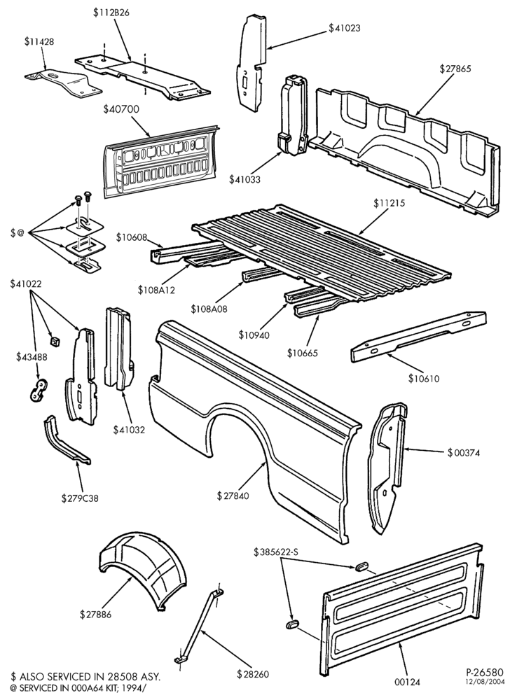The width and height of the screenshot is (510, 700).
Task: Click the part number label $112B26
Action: [111, 13]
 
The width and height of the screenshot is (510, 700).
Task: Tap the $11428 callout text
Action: [39, 41]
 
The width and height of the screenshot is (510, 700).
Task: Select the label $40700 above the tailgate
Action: [121, 109]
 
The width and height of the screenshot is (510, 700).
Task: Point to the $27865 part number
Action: [455, 69]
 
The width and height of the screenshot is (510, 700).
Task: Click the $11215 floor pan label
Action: [390, 203]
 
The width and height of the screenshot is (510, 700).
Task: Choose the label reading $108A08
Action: [209, 309]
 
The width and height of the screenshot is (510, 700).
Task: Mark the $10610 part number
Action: [424, 379]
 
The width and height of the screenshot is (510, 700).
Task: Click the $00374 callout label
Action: [464, 453]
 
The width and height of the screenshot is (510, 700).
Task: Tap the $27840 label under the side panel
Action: [233, 496]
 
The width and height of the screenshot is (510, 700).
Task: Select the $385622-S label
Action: [276, 552]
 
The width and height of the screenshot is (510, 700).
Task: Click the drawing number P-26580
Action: [485, 672]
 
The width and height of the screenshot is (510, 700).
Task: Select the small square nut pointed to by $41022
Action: [56, 342]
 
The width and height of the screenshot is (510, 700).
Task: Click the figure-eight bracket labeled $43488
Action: [39, 391]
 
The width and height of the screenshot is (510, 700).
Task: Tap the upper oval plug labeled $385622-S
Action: [361, 566]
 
